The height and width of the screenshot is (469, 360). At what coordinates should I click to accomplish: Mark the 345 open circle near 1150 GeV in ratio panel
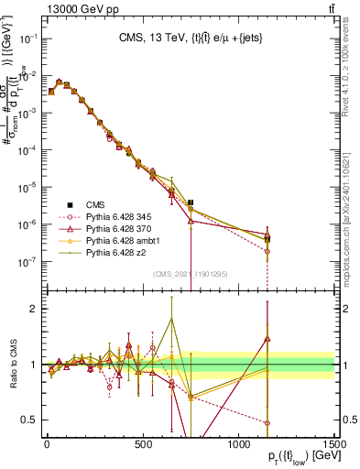tap(267, 422)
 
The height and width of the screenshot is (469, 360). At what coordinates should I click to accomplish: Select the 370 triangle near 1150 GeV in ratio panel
tap(267, 339)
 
